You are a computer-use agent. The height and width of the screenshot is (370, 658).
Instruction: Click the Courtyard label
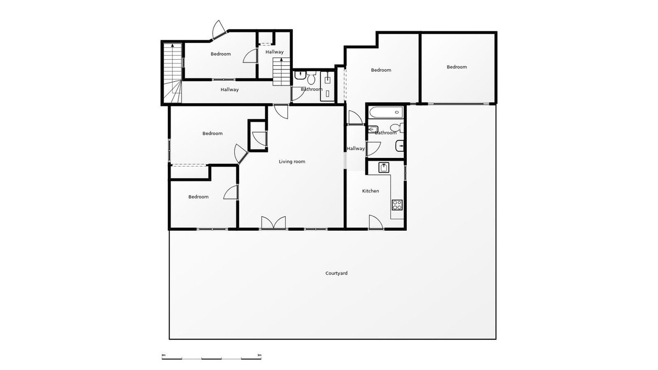tap(336, 273)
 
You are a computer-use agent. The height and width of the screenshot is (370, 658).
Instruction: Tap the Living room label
tap(292, 162)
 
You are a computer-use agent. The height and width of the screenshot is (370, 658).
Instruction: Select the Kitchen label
tap(371, 191)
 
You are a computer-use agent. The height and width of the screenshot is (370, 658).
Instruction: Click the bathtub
tap(386, 112)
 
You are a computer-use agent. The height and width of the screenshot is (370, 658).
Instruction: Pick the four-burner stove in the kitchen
tap(397, 205)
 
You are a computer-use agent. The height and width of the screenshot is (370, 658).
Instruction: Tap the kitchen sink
tap(384, 167)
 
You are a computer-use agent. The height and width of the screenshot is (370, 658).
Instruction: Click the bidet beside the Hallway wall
tap(373, 129)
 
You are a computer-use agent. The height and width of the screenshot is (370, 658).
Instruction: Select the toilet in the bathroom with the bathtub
tap(397, 128)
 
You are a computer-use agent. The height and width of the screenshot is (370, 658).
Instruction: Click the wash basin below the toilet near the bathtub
tap(400, 146)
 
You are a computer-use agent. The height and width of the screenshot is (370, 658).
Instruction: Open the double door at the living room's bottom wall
tap(274, 223)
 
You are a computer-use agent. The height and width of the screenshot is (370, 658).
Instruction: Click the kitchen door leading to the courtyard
tap(376, 222)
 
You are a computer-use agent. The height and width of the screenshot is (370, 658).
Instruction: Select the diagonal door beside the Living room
tap(241, 153)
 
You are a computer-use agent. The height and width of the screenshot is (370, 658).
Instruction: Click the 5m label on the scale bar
tap(259, 355)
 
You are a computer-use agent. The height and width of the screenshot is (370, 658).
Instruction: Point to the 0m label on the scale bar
tap(163, 355)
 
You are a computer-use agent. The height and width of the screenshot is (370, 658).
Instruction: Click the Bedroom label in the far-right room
tap(457, 67)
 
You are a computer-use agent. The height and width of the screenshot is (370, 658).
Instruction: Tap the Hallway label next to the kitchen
tap(356, 149)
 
